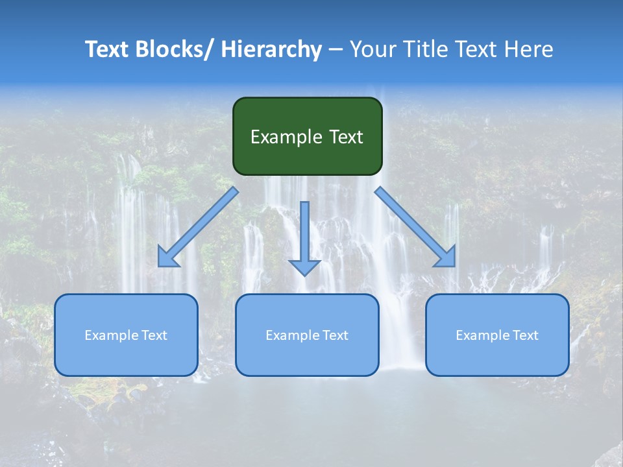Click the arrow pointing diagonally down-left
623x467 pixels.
(198, 228)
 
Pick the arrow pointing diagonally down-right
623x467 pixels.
(415, 227)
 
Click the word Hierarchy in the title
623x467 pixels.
(271, 49)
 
